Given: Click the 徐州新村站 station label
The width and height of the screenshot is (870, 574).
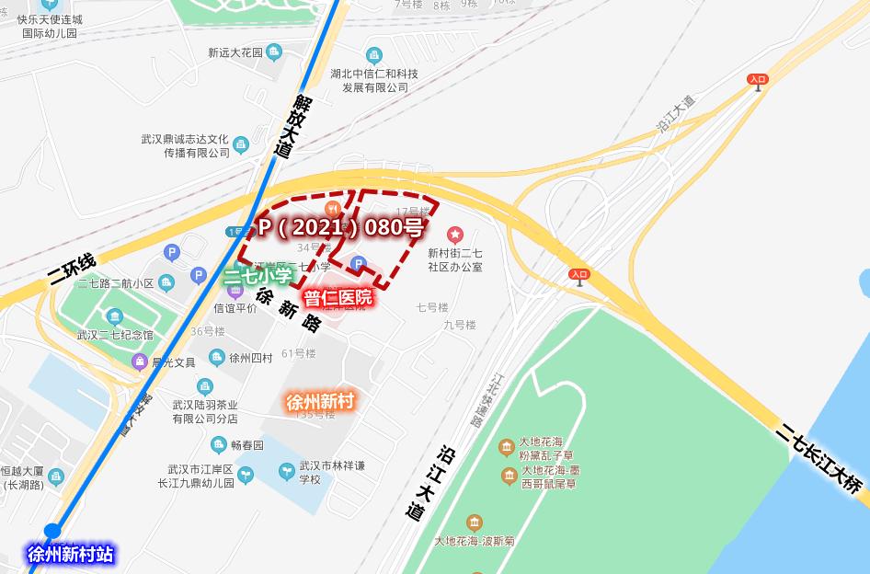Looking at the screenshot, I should pos(70,555).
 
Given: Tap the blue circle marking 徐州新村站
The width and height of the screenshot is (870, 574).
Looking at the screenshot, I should pos(52,531).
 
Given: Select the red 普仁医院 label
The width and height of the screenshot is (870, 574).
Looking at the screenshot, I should pos(338,297).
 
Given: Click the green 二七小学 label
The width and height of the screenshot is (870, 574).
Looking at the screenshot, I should pos(258,274).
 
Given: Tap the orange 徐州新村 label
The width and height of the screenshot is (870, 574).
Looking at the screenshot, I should pos(320,402).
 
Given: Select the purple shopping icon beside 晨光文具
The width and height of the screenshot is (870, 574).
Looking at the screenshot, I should pos(140,362).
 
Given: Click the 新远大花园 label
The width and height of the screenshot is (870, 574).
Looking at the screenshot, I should pos(235,52).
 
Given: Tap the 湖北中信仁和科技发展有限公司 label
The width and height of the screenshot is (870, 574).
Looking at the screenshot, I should pos(374,80).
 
